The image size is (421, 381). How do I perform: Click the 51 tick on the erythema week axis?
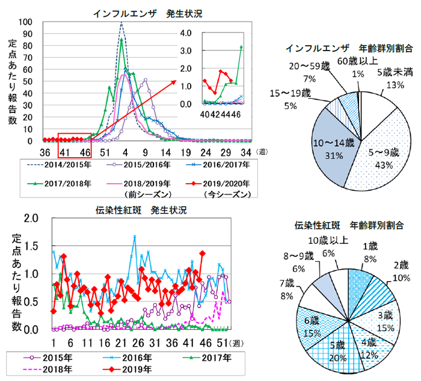tap(223, 342)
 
